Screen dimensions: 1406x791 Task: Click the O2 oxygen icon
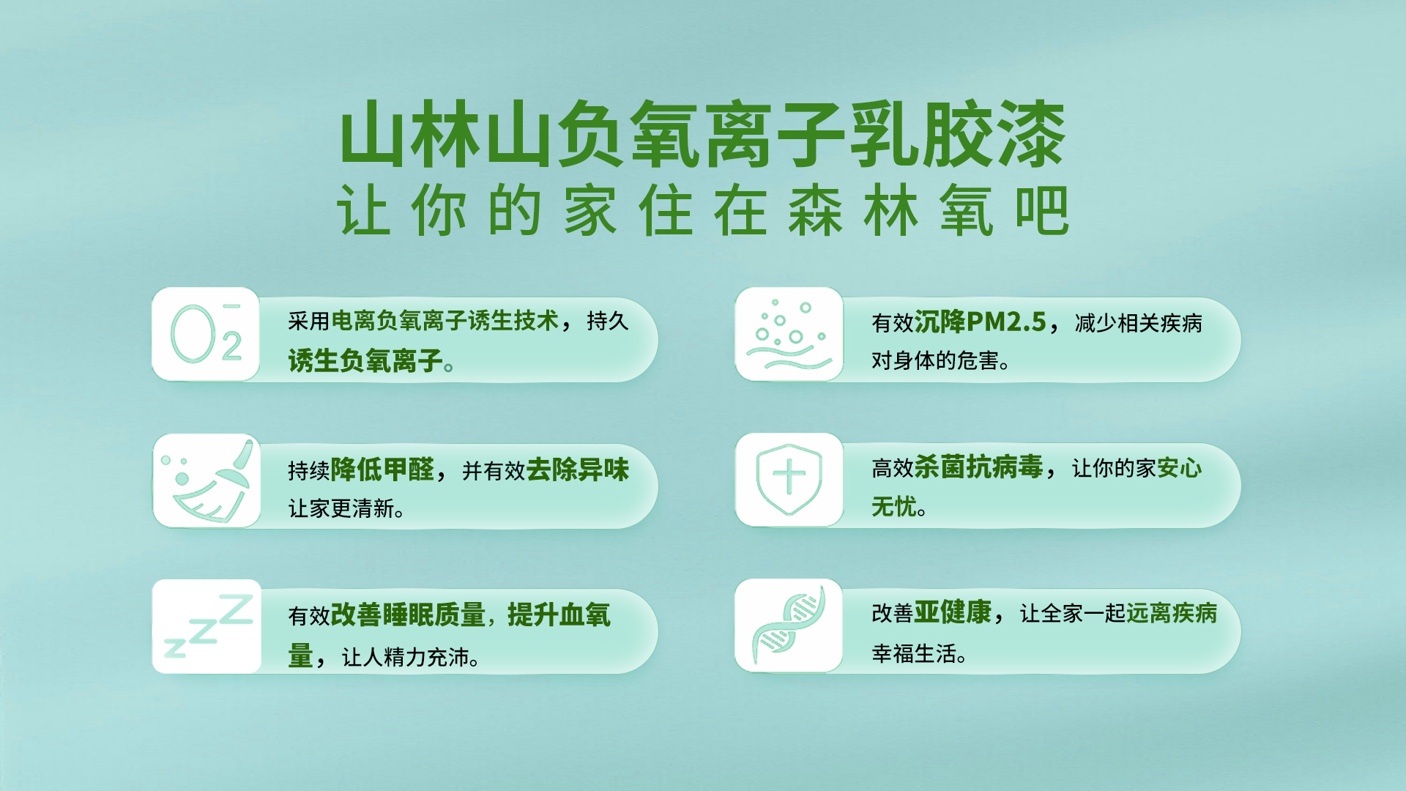(206, 334)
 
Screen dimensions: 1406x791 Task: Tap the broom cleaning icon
(207, 480)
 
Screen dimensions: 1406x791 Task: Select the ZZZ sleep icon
(208, 626)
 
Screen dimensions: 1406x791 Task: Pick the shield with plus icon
(789, 479)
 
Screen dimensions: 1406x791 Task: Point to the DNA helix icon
(789, 625)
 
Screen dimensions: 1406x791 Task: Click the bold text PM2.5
(1006, 322)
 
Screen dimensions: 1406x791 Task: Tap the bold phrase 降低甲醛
(383, 469)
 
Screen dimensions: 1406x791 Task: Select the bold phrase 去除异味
(578, 469)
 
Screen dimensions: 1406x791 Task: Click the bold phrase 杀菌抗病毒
(978, 467)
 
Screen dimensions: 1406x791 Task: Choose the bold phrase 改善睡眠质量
(409, 614)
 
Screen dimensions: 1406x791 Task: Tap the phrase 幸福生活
(914, 653)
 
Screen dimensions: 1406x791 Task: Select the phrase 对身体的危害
(935, 360)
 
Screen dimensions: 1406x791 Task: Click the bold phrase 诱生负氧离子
(365, 360)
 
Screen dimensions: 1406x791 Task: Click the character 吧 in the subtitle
(1042, 210)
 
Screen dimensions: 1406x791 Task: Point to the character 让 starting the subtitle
(363, 210)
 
